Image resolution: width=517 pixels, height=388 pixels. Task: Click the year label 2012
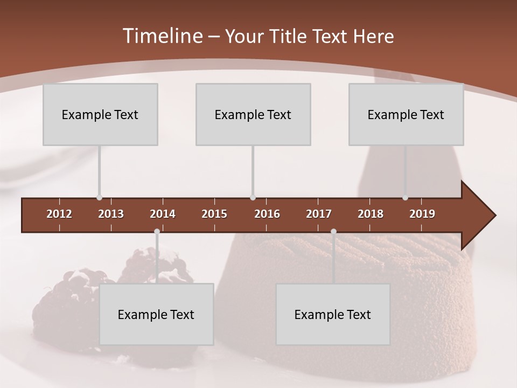point(59,214)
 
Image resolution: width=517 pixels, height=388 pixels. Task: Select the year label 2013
point(111,214)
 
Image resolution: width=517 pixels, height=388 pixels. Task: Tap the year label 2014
point(163,214)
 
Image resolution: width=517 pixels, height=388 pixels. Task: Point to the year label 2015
point(214,214)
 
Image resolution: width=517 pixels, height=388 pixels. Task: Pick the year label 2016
point(267,214)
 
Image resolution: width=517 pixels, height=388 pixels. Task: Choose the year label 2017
point(319,214)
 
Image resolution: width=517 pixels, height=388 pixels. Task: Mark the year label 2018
point(371,214)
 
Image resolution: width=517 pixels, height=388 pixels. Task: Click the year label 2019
point(422,214)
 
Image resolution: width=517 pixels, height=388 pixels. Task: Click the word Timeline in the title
point(162,36)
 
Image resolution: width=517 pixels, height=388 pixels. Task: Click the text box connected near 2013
point(100,114)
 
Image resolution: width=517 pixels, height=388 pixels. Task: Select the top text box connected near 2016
point(253,114)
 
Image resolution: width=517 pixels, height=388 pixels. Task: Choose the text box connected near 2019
point(406,114)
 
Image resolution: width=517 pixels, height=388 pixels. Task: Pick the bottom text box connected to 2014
point(156,314)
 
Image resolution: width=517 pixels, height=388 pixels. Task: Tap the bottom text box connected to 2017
point(333,314)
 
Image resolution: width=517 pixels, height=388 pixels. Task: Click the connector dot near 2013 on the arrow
point(99,198)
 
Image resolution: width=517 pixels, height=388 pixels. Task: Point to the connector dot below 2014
point(157,232)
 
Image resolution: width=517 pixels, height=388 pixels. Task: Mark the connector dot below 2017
point(333,232)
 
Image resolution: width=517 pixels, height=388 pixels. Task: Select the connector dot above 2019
point(406,198)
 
